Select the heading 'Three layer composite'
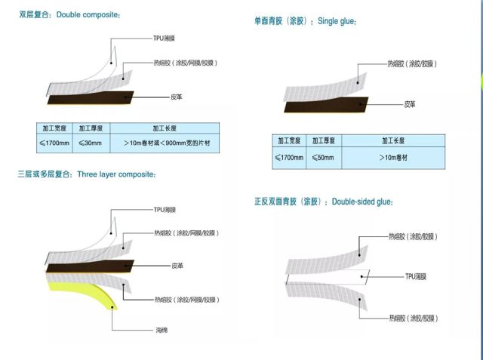tap(127, 174)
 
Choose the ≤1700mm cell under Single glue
tap(288, 158)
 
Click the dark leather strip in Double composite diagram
tap(91, 98)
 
